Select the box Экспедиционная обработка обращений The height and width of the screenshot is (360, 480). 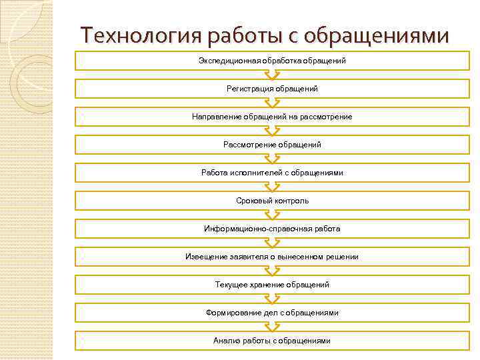click(272, 61)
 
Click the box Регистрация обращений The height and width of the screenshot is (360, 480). click(272, 89)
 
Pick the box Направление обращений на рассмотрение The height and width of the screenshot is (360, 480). click(272, 117)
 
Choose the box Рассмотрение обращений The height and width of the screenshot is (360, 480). click(272, 145)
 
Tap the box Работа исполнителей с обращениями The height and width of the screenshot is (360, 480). click(272, 173)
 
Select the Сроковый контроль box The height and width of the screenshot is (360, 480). click(272, 201)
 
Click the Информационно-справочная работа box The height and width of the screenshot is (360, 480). click(272, 229)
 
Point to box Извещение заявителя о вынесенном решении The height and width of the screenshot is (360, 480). click(272, 257)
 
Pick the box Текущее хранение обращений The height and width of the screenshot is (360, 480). click(272, 285)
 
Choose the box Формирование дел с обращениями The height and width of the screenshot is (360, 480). click(272, 313)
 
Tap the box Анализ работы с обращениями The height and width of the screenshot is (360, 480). click(272, 341)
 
